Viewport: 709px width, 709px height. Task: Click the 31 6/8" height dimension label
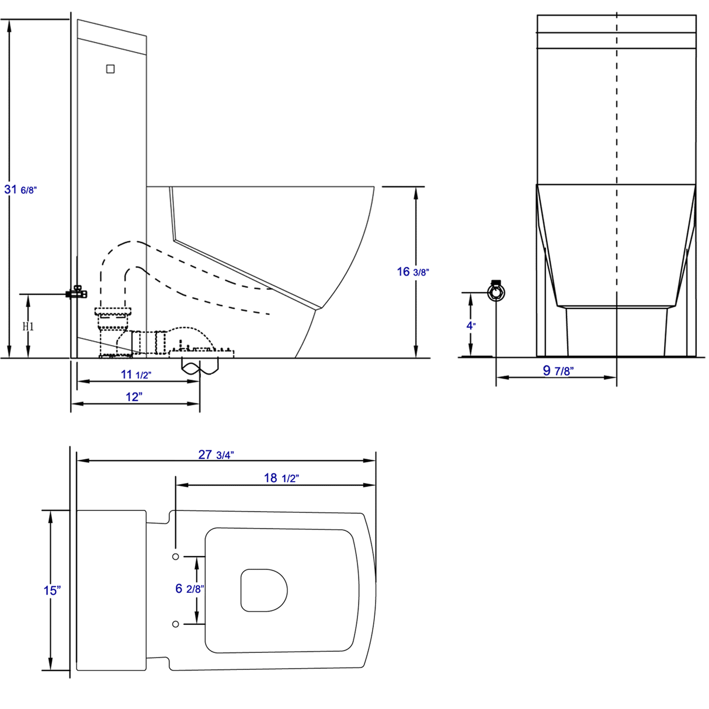click(20, 190)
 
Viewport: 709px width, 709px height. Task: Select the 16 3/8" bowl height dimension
click(413, 272)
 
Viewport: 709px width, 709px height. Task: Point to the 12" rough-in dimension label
click(134, 397)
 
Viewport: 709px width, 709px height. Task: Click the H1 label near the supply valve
click(28, 326)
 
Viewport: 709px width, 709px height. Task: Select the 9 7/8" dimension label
click(558, 370)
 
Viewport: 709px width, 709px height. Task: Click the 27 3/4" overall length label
click(216, 454)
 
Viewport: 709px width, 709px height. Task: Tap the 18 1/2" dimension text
click(281, 478)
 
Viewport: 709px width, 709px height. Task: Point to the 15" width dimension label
click(52, 590)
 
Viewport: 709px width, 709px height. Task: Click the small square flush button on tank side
click(110, 69)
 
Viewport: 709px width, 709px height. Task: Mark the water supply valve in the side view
click(77, 292)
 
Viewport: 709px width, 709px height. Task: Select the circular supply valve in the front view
click(496, 291)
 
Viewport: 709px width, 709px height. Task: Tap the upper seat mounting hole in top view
click(176, 557)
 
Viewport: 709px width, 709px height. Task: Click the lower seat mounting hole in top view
click(176, 624)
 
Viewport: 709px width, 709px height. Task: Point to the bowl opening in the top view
click(264, 590)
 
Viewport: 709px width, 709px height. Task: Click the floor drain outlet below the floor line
click(200, 367)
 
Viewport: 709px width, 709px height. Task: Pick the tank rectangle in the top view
click(111, 590)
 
